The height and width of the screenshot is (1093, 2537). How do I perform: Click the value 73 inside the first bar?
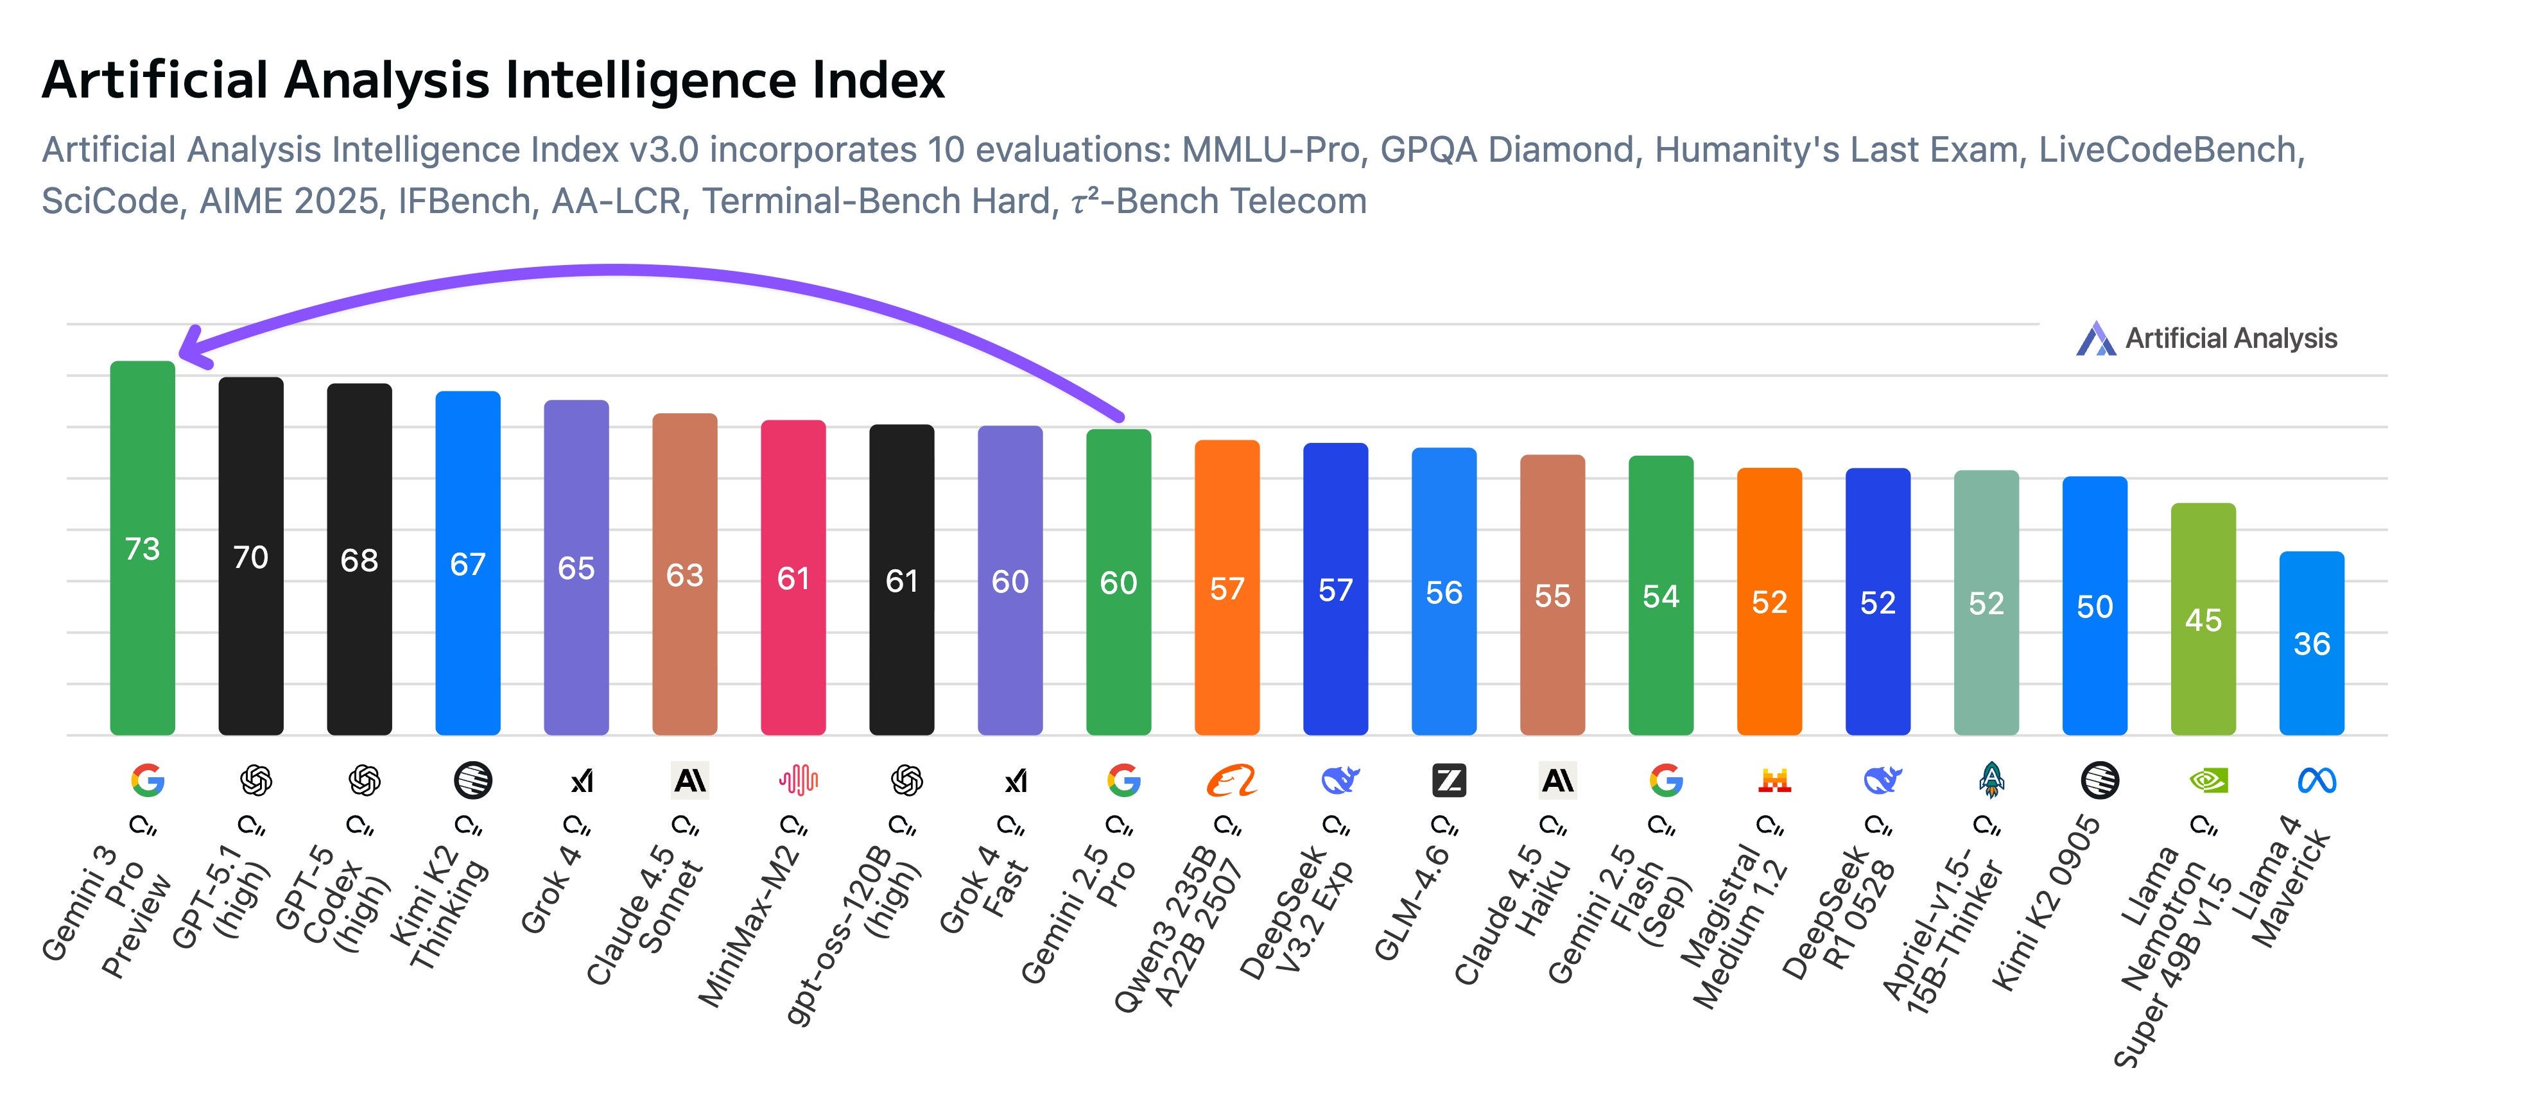click(142, 549)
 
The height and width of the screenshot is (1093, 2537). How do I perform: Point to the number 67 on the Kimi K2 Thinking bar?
click(468, 564)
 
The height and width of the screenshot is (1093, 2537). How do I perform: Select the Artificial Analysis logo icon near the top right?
click(2095, 340)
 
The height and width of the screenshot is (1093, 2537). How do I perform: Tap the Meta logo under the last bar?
click(2316, 781)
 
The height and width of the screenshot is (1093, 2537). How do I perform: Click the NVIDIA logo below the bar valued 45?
click(2207, 781)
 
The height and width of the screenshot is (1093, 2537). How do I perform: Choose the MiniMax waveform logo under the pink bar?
click(798, 781)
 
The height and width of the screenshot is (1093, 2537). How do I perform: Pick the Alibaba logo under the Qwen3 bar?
click(1231, 781)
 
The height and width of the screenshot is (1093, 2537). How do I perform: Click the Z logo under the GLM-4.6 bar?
click(1448, 781)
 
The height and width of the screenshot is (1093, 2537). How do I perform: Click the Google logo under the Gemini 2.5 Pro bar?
click(1123, 781)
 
